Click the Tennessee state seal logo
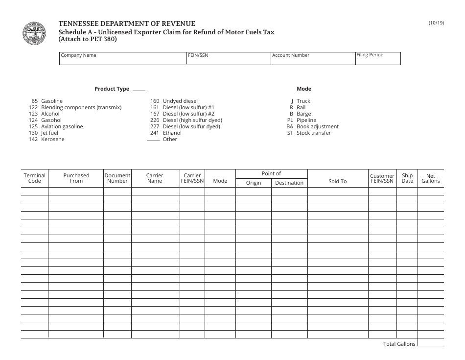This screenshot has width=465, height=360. pos(34,33)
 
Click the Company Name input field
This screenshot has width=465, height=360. pos(123,60)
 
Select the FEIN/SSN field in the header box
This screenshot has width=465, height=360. pos(229,60)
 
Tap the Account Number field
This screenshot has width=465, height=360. pos(313,60)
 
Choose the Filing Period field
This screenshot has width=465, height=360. pos(377,60)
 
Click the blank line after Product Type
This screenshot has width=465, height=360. pos(139,90)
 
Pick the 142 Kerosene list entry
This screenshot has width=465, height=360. pos(46,139)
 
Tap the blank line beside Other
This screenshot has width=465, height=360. pos(154,140)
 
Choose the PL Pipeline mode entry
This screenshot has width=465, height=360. pos(302,120)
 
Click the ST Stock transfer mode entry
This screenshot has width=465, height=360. pos(309,133)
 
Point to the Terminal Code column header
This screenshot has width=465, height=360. pos(34,178)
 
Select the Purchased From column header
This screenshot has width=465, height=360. pos(76,178)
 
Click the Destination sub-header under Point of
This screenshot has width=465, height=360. pos(289,183)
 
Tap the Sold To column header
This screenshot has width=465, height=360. pos(337,181)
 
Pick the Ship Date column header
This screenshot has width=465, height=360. pos(407,178)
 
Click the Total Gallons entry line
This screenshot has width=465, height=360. pos(430,344)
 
